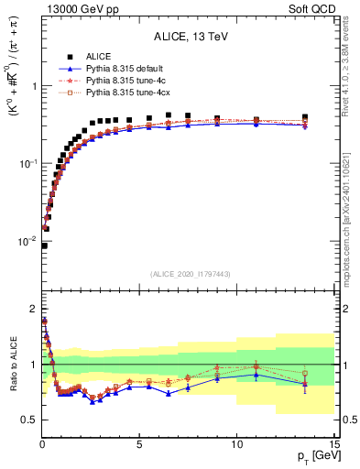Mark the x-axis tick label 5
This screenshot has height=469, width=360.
tap(139, 442)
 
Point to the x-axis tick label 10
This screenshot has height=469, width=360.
tap(236, 442)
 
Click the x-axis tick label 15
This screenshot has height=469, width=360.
tap(333, 442)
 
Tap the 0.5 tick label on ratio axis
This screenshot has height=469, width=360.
tap(27, 420)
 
